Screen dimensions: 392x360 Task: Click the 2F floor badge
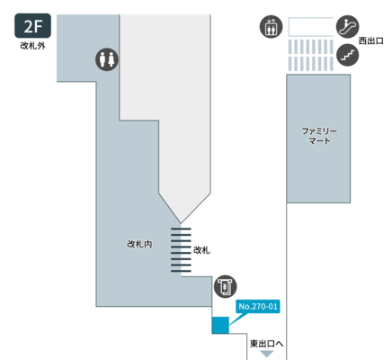click(32, 26)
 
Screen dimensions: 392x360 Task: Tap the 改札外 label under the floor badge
click(32, 46)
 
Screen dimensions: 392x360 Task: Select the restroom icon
click(107, 59)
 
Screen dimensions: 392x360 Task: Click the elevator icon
click(271, 27)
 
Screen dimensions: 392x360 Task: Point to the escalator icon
click(348, 26)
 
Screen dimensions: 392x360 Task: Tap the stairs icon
click(348, 55)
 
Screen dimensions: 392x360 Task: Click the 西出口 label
click(371, 40)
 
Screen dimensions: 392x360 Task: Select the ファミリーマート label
click(319, 136)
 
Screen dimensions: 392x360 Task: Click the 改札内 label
click(139, 244)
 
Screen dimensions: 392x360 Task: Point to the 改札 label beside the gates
click(201, 250)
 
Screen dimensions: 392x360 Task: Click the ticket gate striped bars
click(181, 250)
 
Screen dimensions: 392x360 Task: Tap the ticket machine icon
click(225, 286)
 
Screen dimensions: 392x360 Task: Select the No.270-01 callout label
click(258, 306)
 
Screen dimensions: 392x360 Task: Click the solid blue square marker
click(220, 325)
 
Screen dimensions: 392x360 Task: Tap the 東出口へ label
click(266, 344)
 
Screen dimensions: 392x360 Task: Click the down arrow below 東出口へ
click(266, 354)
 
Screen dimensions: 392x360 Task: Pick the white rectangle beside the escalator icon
click(311, 27)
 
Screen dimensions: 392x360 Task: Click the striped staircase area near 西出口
click(311, 56)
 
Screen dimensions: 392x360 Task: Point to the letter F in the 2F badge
click(38, 26)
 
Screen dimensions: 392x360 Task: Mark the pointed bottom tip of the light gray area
click(181, 223)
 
